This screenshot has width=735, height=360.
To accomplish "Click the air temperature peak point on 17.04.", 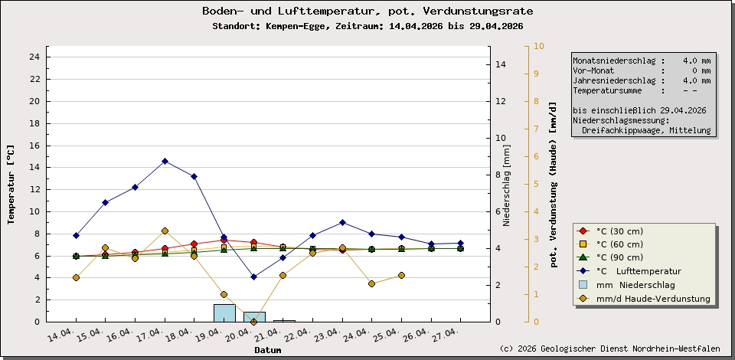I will click(165, 161).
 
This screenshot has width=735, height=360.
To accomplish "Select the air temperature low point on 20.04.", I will click(253, 277).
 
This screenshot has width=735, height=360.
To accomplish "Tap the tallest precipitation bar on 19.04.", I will click(224, 313).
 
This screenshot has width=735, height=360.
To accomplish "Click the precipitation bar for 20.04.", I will click(254, 316).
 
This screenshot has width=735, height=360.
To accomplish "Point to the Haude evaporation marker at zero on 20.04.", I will click(253, 322).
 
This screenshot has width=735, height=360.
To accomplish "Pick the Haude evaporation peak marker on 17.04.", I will click(165, 231).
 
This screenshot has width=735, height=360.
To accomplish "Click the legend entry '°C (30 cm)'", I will click(619, 231).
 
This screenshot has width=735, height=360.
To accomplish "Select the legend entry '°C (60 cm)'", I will click(619, 244).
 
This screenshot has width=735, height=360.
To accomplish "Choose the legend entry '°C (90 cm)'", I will click(619, 257).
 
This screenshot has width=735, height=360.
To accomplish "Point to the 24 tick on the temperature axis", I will click(34, 57).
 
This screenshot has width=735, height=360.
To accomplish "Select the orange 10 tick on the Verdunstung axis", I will click(538, 46).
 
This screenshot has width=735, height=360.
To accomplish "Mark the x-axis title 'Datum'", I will click(268, 350).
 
